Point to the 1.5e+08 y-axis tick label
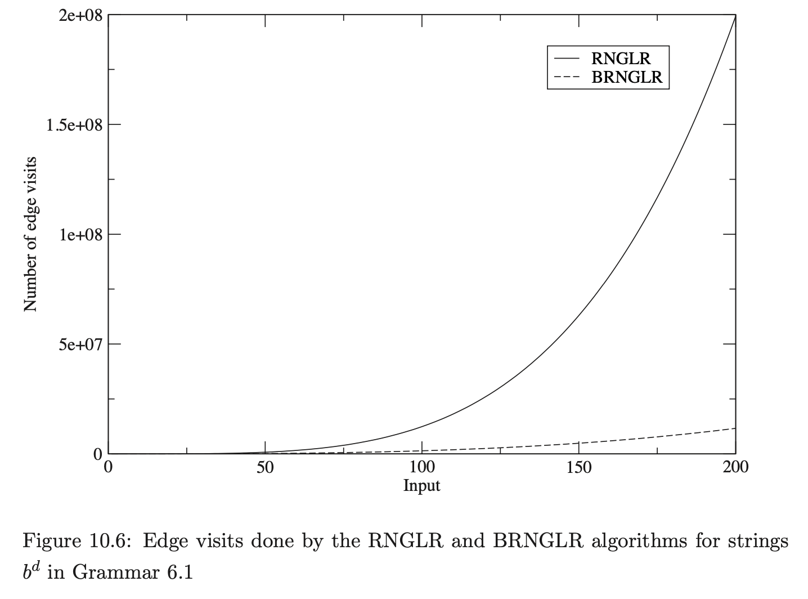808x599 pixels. coord(74,124)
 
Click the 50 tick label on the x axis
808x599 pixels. coord(265,468)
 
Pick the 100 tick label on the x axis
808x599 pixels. coord(422,468)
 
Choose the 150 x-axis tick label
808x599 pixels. coord(579,468)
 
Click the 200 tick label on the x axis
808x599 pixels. coord(735,468)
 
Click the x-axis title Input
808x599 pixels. coord(421,485)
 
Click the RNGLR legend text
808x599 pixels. coord(621,58)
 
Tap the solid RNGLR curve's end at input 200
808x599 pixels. coord(735,16)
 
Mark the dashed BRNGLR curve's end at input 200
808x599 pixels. coord(735,428)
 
